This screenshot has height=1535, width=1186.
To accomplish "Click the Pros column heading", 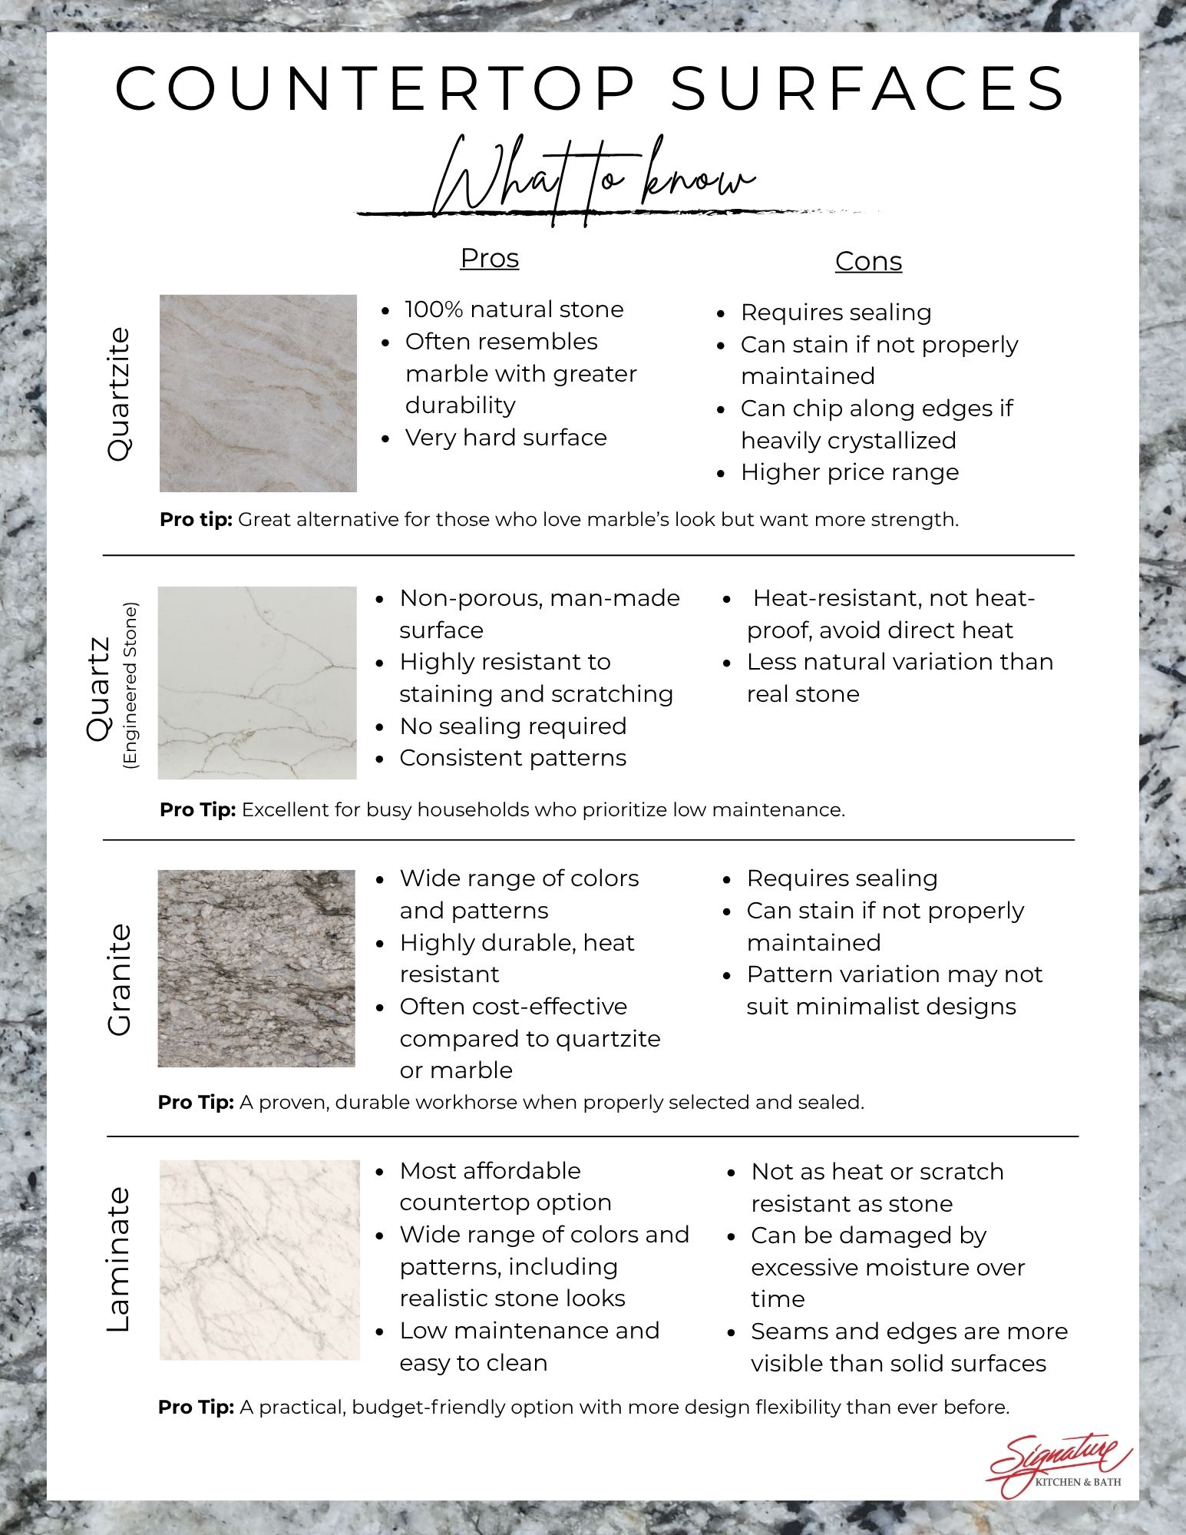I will tap(490, 258).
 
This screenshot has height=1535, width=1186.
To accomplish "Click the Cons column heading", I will tap(868, 261).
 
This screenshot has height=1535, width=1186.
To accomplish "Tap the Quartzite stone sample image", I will tap(258, 393).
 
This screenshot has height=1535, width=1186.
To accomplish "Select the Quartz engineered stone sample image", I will tap(257, 683).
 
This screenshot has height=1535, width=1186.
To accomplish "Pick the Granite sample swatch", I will tap(256, 968).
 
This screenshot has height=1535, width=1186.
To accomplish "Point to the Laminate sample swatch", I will tap(259, 1259).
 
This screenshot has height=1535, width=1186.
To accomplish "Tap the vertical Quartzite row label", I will tap(119, 394).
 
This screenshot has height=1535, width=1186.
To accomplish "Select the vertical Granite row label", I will tap(119, 979).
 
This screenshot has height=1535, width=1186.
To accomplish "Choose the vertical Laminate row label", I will tap(119, 1259).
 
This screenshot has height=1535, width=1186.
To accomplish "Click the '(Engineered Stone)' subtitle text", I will tap(130, 685).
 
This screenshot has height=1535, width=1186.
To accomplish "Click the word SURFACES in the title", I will tap(868, 88).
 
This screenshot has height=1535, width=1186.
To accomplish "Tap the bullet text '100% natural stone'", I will tap(514, 309).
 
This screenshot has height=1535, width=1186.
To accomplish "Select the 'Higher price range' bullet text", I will tap(850, 472).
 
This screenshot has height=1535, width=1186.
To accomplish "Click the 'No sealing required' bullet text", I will tap(513, 726).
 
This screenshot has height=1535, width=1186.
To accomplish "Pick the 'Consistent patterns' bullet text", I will tap(513, 758).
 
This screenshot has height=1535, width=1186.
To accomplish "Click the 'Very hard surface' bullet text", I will tap(506, 438).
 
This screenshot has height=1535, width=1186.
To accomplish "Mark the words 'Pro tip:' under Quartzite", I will tap(196, 520).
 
